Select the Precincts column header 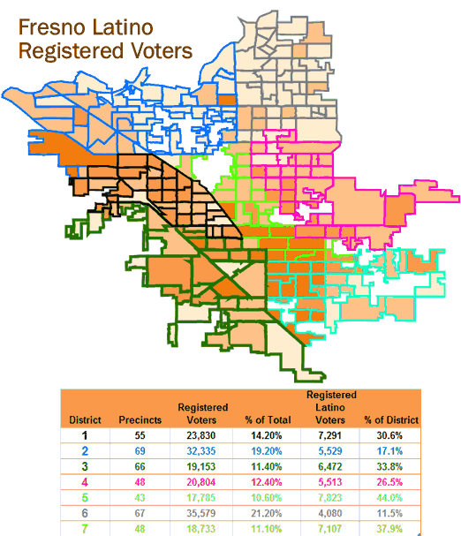tap(140, 419)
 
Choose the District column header tap(86, 419)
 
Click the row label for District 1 tap(86, 435)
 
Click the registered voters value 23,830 tap(202, 435)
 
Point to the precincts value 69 tap(140, 451)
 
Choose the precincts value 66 tap(140, 466)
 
